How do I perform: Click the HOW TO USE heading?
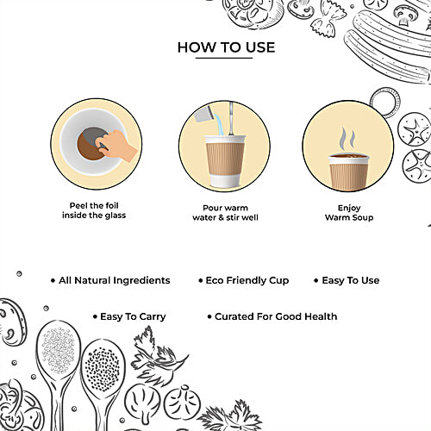[226, 47]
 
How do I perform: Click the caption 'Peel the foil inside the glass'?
[94, 210]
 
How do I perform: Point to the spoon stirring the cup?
[231, 118]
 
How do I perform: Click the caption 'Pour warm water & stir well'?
[225, 213]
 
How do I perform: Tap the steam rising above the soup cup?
[347, 139]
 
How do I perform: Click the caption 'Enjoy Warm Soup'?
[349, 213]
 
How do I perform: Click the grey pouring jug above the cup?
[203, 114]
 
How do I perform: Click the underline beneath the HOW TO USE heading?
[224, 58]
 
